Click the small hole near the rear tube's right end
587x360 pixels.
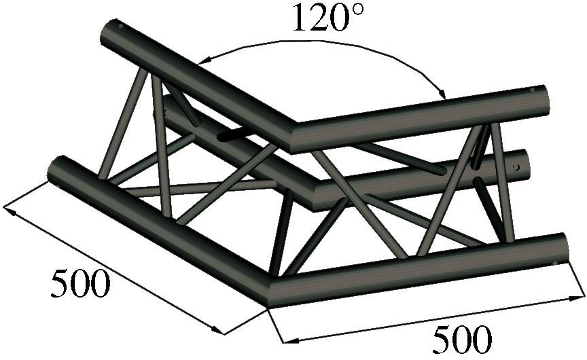pos(516,165)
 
